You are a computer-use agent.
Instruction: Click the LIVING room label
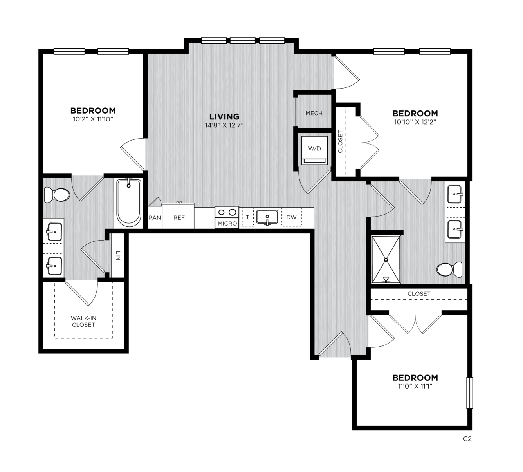pos(224,116)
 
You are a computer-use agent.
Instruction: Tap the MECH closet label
pos(314,113)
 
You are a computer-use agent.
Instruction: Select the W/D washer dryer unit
pos(314,150)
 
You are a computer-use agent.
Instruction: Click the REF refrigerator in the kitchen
pos(179,216)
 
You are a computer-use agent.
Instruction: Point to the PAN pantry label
pos(155,218)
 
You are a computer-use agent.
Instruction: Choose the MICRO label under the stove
pos(227,224)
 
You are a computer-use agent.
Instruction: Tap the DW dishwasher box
pos(292,217)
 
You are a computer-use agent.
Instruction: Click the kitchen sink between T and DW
pos(267,217)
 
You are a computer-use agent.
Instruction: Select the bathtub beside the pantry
pos(128,203)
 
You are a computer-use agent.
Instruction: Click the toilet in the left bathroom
pos(57,195)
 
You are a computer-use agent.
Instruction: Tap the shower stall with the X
pos(386,259)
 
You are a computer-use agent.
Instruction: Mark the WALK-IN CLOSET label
pos(83,322)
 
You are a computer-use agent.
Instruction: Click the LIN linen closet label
pos(118,256)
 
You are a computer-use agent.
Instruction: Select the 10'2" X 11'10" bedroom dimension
pos(93,119)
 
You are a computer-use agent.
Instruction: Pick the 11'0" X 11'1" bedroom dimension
pos(415,386)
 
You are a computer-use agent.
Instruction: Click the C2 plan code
pos(467,439)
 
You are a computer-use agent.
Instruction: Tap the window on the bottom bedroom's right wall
pos(469,393)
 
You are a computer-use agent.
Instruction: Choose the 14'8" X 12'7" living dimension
pos(224,125)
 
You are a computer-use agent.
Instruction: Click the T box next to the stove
pos(248,217)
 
